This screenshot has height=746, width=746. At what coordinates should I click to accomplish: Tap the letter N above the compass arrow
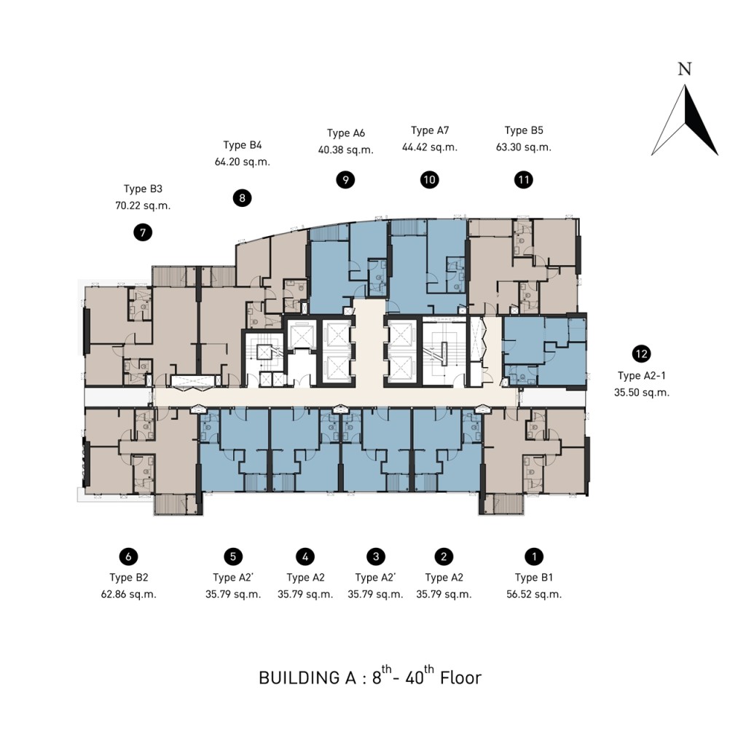[x=684, y=69]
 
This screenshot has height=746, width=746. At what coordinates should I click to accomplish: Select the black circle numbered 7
[x=143, y=233]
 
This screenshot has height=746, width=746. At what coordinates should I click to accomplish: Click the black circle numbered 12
[x=641, y=354]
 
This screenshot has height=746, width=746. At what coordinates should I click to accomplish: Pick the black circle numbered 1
[x=535, y=557]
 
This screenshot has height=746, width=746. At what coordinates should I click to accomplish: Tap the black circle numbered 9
[x=345, y=179]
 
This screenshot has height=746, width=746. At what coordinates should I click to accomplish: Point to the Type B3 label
[x=143, y=189]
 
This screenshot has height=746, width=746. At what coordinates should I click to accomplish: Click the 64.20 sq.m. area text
[x=243, y=162]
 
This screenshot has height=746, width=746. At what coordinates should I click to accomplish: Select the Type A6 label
[x=345, y=133]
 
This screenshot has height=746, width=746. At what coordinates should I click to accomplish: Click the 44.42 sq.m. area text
[x=430, y=147]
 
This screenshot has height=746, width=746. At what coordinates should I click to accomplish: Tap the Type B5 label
[x=524, y=131]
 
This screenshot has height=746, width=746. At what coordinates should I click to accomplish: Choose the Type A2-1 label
[x=641, y=376]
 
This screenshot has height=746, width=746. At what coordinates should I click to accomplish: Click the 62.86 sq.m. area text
[x=129, y=594]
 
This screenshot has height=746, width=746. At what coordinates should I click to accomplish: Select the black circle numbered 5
[x=232, y=557]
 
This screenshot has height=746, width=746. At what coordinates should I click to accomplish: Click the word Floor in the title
[x=460, y=678]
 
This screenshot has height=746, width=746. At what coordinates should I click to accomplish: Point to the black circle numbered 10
[x=430, y=179]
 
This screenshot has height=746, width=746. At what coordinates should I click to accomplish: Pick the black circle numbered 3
[x=375, y=557]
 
